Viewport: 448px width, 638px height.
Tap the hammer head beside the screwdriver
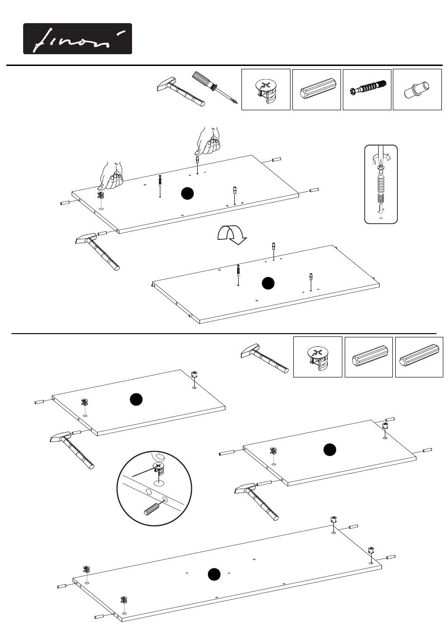165,84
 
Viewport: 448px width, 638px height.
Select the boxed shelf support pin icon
417,90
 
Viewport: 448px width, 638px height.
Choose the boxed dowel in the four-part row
316,90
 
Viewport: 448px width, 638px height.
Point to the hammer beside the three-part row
264,358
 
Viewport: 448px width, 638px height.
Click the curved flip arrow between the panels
232,235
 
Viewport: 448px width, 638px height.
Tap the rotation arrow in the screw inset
382,157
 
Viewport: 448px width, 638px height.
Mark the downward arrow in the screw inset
381,209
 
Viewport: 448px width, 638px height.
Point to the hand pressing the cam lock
111,176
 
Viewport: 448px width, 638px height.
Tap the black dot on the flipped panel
268,283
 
